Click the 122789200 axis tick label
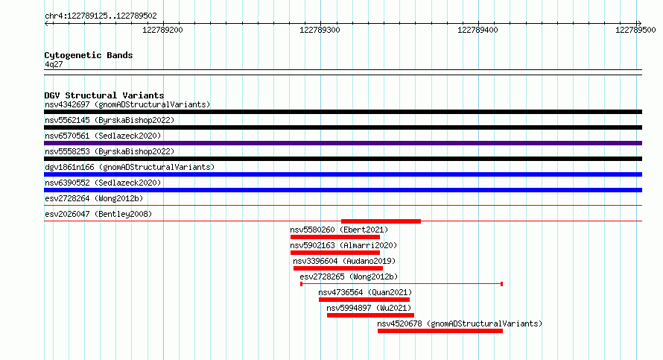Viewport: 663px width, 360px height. pyautogui.click(x=162, y=30)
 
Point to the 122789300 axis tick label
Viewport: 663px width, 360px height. pyautogui.click(x=320, y=30)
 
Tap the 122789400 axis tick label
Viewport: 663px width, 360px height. pyautogui.click(x=478, y=30)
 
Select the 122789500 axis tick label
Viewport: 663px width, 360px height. pyautogui.click(x=635, y=30)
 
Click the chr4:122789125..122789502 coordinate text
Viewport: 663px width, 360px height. pyautogui.click(x=101, y=16)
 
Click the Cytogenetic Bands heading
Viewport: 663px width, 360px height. pyautogui.click(x=89, y=55)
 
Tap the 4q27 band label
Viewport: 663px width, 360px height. pyautogui.click(x=54, y=64)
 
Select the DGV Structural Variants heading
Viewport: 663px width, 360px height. pyautogui.click(x=104, y=95)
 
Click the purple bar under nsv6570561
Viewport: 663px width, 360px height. pyautogui.click(x=343, y=143)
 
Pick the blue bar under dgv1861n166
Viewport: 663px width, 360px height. pyautogui.click(x=343, y=174)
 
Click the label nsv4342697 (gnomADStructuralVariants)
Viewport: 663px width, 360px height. pyautogui.click(x=127, y=104)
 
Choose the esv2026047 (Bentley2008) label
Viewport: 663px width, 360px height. pyautogui.click(x=98, y=214)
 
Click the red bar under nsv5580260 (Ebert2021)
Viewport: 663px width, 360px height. pyautogui.click(x=335, y=237)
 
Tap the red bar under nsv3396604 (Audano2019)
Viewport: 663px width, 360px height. pyautogui.click(x=338, y=268)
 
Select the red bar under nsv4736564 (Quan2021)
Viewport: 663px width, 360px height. pyautogui.click(x=364, y=300)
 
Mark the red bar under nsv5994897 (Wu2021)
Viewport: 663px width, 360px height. pyautogui.click(x=370, y=315)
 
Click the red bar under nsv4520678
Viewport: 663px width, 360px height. pyautogui.click(x=440, y=331)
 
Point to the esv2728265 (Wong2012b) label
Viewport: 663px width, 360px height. pyautogui.click(x=349, y=277)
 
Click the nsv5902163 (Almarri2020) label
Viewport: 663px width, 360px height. pyautogui.click(x=343, y=245)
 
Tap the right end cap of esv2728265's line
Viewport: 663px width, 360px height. pyautogui.click(x=501, y=284)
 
